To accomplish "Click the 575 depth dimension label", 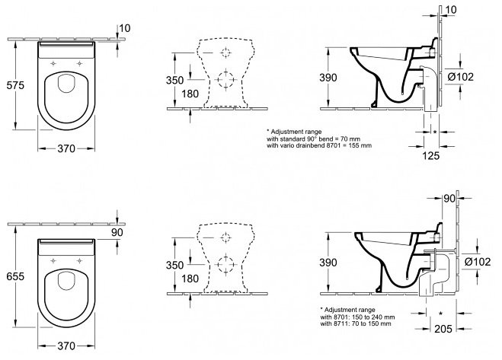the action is tap(15, 85).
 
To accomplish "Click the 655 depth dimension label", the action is tap(15, 276).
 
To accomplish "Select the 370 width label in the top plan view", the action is tap(66, 148).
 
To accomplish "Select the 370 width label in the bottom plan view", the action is tap(66, 346).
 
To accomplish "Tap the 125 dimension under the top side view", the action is tap(431, 156).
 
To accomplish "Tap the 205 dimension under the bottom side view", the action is tap(443, 329).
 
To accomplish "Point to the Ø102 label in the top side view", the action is tap(461, 77).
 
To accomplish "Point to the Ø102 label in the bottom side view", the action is tap(478, 262).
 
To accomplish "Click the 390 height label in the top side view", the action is tap(328, 78).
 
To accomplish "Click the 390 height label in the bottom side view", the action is tap(328, 263).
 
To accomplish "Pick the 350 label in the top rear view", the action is tap(174, 80).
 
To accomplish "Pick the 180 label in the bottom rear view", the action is tap(190, 279).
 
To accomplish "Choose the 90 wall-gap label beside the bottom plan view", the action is tap(117, 232).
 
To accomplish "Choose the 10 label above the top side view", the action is tap(451, 10).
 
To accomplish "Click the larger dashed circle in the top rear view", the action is tap(226, 78).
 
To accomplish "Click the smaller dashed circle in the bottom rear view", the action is tap(226, 237).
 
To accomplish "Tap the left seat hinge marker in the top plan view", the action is tap(53, 63).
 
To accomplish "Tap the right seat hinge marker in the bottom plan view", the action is tap(79, 261).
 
